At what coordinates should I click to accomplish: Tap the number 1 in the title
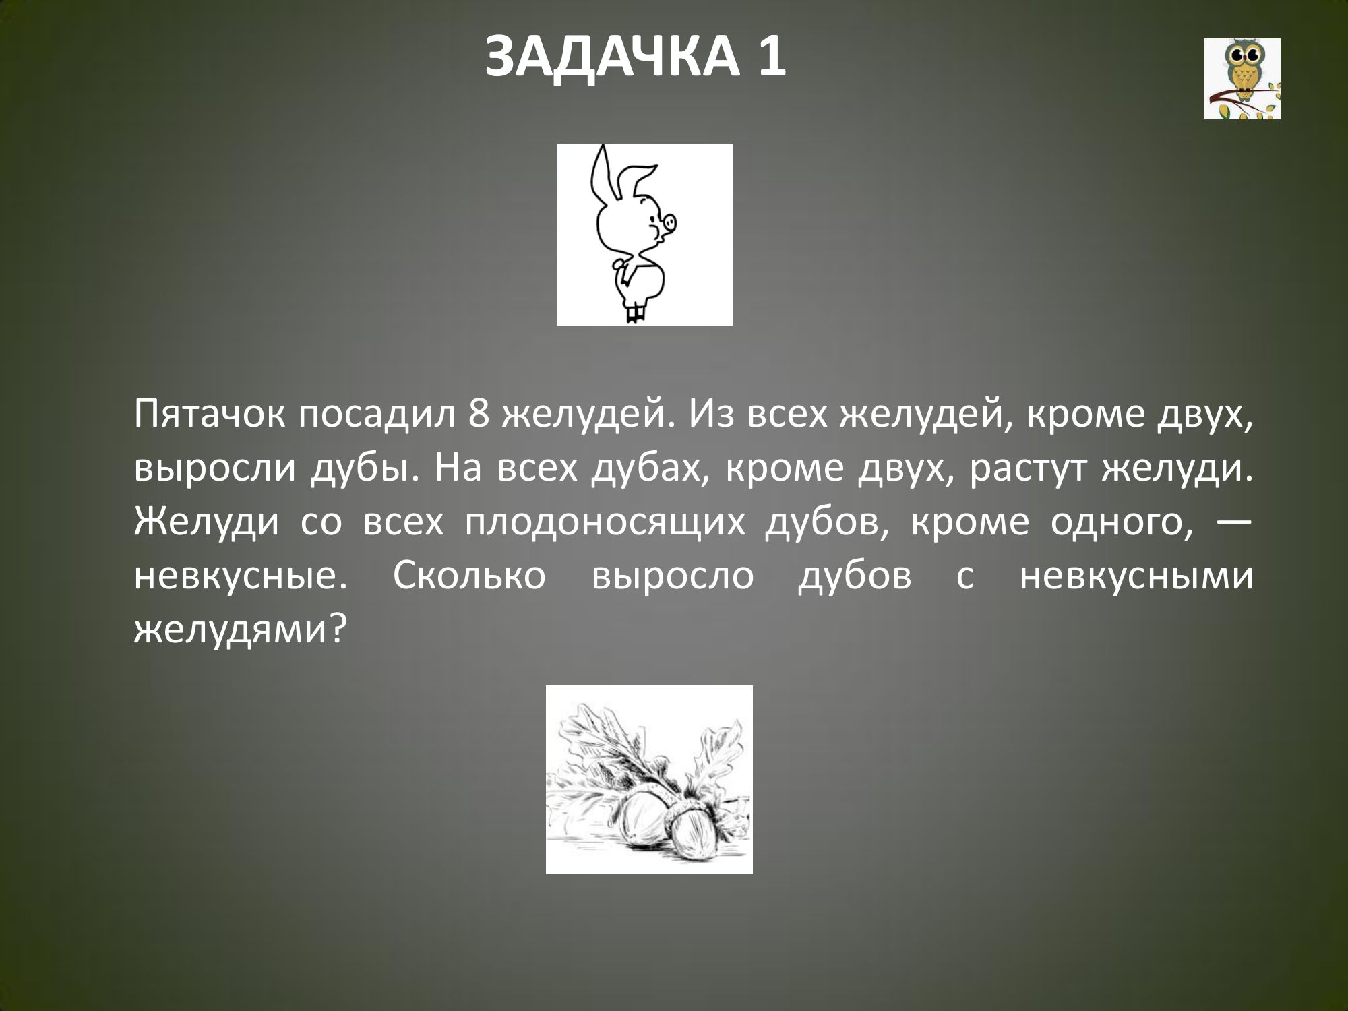click(770, 58)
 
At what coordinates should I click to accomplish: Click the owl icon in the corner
click(1242, 79)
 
